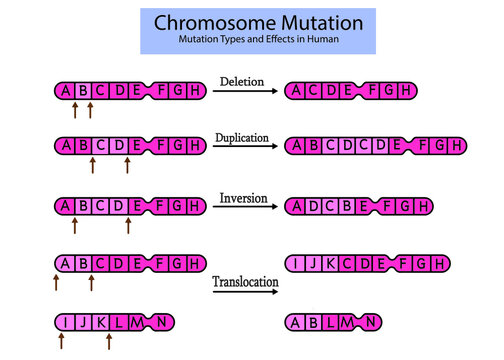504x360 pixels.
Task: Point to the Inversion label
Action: (245, 197)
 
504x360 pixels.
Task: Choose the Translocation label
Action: (245, 283)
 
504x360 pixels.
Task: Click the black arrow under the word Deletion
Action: (245, 91)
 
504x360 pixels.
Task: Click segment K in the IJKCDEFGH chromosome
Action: (330, 264)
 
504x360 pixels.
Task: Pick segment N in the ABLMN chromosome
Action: (370, 322)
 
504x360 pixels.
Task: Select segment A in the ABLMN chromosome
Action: (297, 322)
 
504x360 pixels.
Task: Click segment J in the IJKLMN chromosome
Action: (83, 322)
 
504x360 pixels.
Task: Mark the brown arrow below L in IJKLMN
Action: (109, 343)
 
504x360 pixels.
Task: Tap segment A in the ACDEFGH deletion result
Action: (297, 91)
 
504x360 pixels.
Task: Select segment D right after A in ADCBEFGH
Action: (314, 206)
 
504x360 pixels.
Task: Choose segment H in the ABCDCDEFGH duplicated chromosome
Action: (455, 147)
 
